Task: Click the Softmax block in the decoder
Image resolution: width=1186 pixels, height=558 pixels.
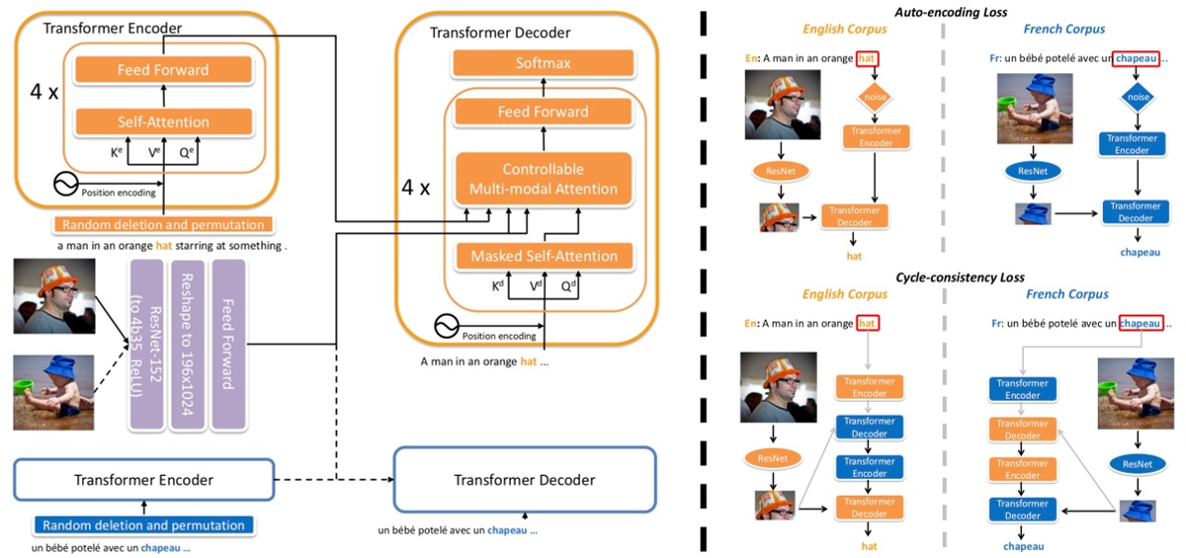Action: [x=542, y=64]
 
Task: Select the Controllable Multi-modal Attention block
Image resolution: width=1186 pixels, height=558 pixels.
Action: [x=542, y=179]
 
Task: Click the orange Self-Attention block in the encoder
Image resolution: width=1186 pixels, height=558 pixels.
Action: [x=163, y=122]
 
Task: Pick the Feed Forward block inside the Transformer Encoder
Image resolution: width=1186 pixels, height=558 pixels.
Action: [x=163, y=70]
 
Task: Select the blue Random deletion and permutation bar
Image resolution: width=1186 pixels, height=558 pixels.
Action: [x=143, y=525]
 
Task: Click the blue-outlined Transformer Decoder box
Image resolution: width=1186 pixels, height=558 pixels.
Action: [x=524, y=480]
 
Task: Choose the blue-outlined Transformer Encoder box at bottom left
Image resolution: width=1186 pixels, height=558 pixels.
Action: [x=143, y=480]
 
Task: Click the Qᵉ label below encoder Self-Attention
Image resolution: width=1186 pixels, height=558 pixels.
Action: [x=187, y=153]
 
